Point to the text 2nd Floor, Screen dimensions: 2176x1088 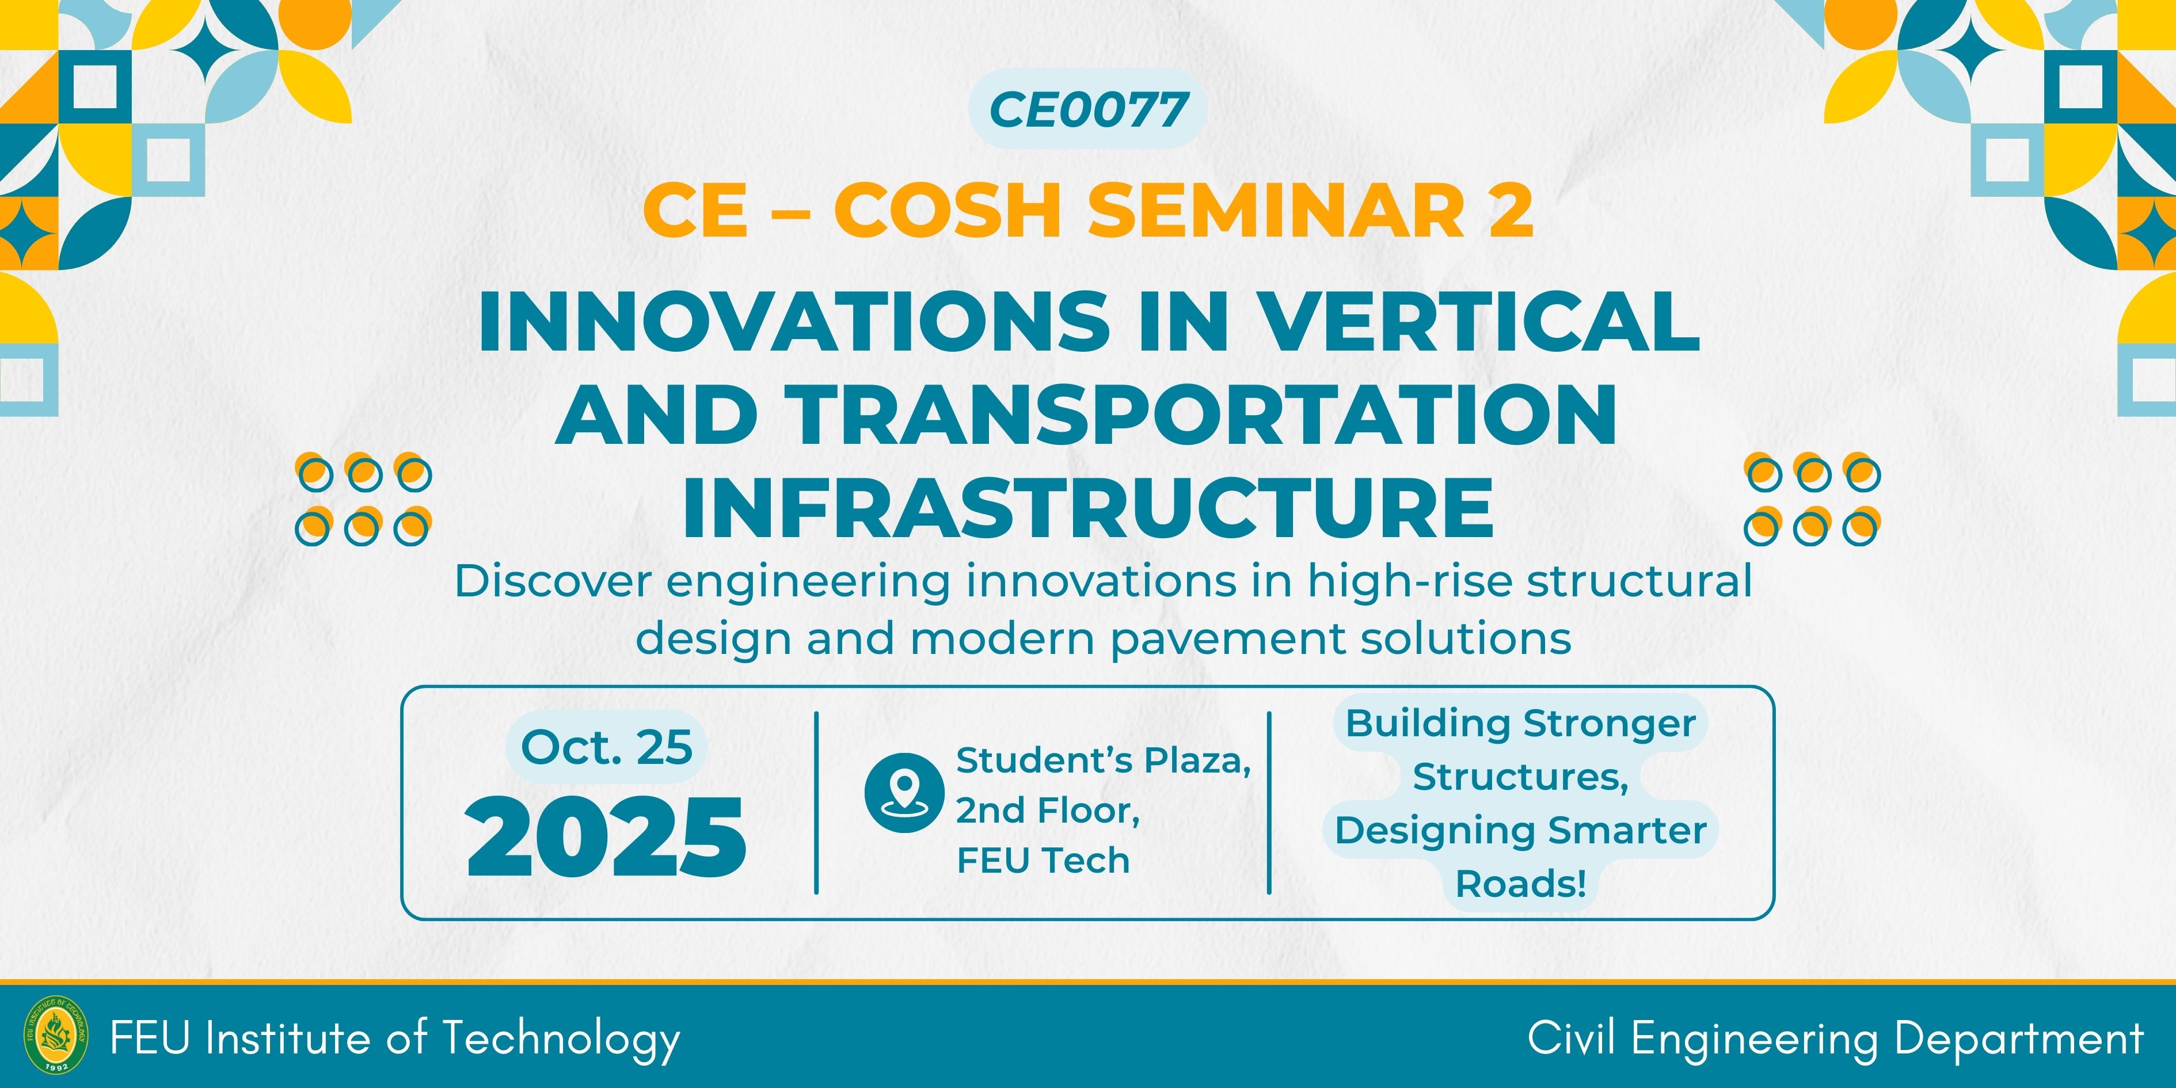click(x=1048, y=810)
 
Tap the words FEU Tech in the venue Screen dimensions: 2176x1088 click(x=1043, y=861)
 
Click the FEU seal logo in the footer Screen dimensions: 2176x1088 click(x=56, y=1034)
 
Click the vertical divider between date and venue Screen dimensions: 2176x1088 click(x=817, y=802)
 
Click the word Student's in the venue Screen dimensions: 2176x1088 click(x=1043, y=760)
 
